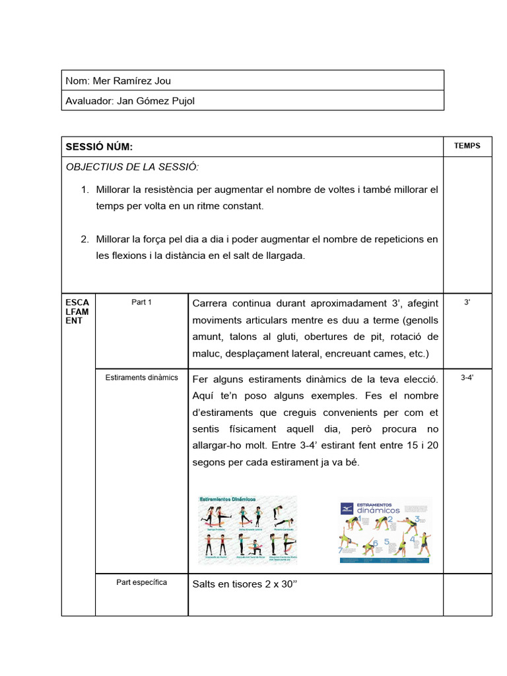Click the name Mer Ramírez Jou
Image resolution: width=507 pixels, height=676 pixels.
coord(132,81)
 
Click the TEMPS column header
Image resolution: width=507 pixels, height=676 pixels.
coord(467,146)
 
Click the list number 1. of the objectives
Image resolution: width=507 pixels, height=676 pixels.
coord(84,190)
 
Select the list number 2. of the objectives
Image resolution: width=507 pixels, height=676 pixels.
coord(84,239)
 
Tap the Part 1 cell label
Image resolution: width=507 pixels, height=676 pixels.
coord(141,302)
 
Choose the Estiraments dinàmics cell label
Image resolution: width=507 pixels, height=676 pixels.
coord(141,378)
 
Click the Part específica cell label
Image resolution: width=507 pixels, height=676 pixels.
coord(141,582)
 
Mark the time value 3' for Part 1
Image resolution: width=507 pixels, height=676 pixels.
coord(467,302)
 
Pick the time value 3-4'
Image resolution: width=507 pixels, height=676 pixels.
coord(467,378)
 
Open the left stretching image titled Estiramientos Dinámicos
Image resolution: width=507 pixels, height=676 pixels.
coord(248,529)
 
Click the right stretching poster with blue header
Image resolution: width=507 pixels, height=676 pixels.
coord(385,530)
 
